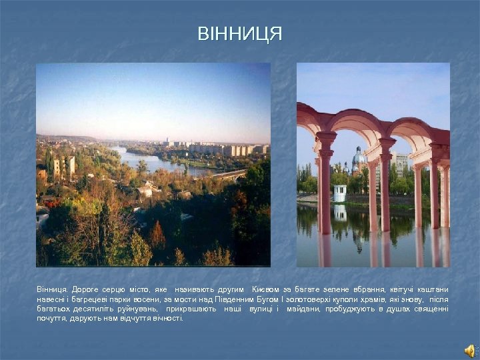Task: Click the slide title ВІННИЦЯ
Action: [x=240, y=34]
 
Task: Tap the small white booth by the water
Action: [x=339, y=193]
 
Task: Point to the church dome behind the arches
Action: [x=359, y=159]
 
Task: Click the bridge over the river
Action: [x=230, y=175]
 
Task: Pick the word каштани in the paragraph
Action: [x=433, y=289]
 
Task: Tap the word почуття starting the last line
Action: [x=51, y=319]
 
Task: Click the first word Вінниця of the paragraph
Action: [x=51, y=289]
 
